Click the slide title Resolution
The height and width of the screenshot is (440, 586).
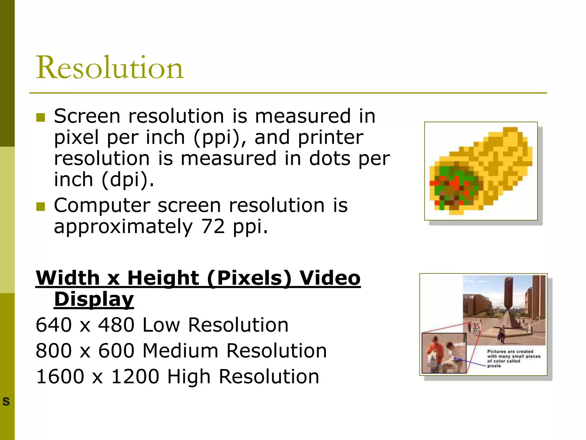[109, 68]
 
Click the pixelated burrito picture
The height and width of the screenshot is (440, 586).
[481, 171]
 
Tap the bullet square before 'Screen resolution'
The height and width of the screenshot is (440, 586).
[41, 117]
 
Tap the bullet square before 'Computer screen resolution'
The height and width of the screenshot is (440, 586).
[41, 207]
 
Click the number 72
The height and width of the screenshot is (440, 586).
[213, 227]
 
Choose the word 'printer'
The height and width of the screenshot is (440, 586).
[330, 137]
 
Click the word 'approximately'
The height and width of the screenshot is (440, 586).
[123, 227]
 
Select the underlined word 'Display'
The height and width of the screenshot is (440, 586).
[94, 299]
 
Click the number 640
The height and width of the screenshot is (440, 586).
[54, 325]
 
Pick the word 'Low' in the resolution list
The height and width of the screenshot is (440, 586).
[161, 325]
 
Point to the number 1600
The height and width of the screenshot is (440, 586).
[60, 377]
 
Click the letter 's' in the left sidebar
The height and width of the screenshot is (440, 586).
[6, 401]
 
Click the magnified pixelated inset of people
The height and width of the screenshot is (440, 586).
[444, 353]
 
